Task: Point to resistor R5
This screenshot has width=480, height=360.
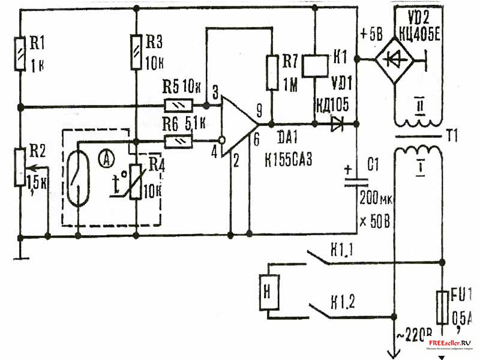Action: [178, 106]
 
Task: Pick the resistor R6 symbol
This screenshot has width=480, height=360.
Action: [178, 142]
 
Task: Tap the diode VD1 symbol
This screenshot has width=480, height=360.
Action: [337, 125]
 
